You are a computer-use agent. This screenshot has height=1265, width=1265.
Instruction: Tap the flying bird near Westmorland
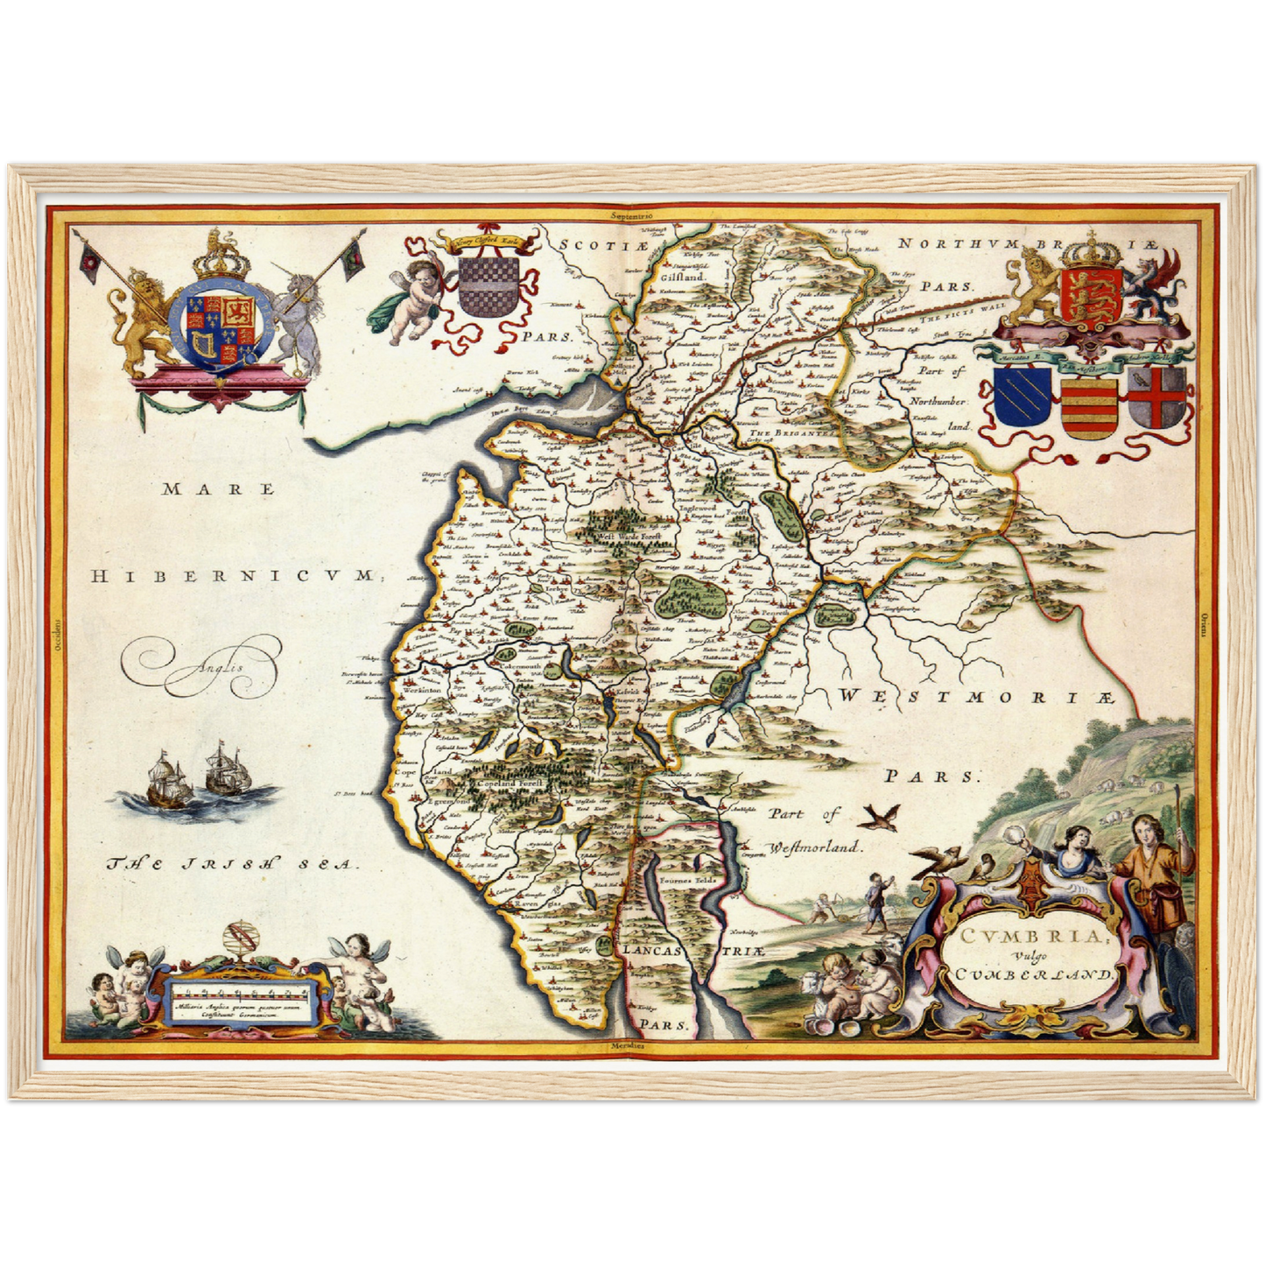pos(878,819)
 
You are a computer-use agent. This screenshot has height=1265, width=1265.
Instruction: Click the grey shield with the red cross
pos(1157,397)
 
